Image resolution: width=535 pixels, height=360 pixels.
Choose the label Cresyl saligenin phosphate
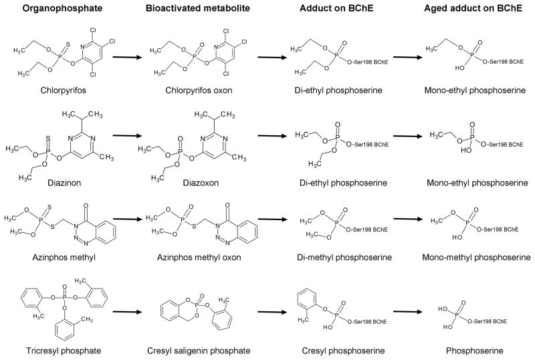coord(191,350)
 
